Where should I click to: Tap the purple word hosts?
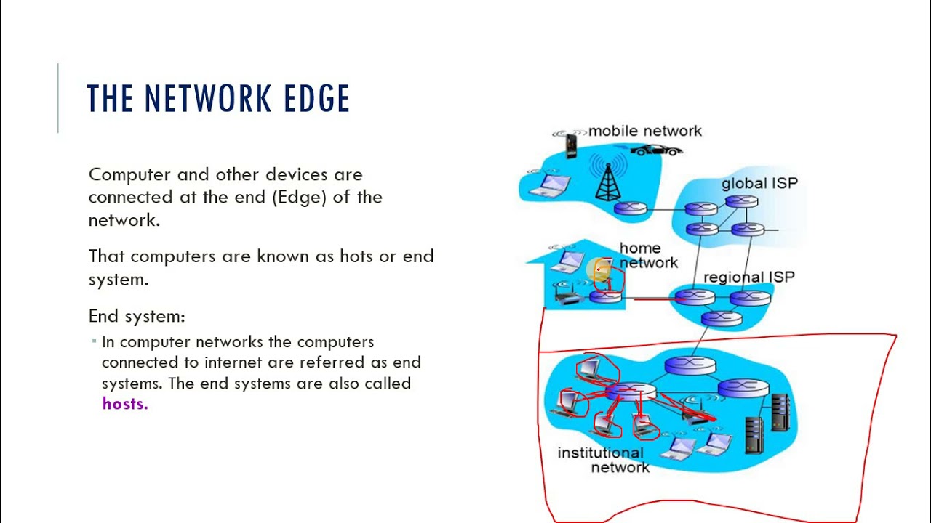125,404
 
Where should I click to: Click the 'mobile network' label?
644,131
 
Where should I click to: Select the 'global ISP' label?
759,183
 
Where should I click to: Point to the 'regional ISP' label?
749,277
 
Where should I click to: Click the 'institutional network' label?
601,460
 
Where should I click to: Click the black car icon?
656,150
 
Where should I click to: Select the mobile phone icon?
571,145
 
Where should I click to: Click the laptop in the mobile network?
548,186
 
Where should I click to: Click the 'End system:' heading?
137,317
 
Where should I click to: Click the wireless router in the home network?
565,295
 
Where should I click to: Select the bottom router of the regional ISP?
721,317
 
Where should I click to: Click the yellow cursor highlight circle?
599,270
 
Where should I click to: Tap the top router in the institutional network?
689,365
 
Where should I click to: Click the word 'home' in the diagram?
640,248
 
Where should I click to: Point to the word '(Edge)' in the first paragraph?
300,197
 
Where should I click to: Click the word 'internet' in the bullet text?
233,362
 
